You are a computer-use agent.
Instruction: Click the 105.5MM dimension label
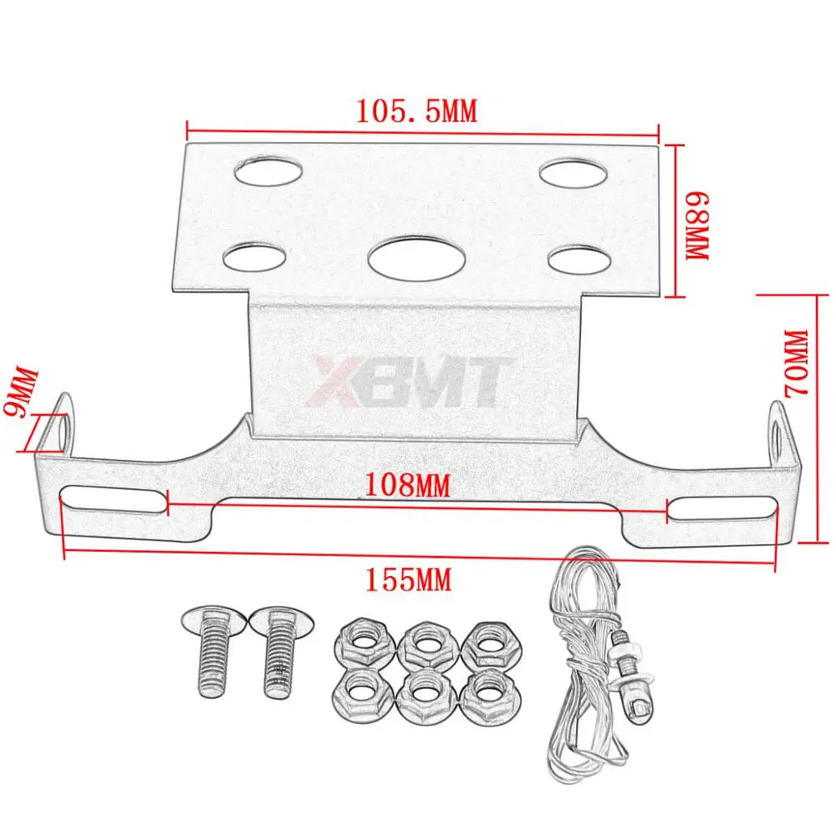(417, 111)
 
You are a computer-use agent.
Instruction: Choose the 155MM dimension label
(409, 579)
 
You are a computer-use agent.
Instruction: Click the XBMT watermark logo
(410, 380)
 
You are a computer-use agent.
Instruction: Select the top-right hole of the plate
(573, 173)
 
